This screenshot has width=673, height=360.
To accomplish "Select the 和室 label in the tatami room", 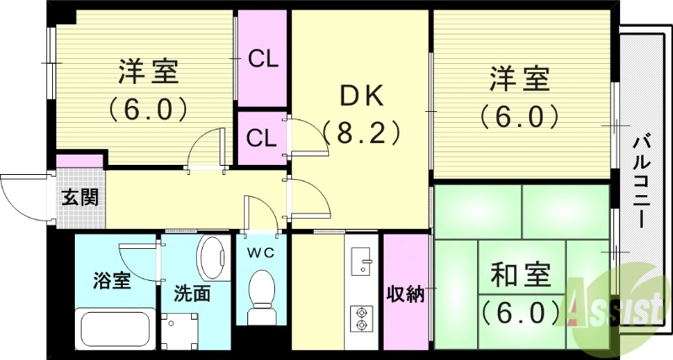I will pyautogui.click(x=521, y=275).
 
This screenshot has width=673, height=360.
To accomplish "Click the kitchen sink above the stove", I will pyautogui.click(x=363, y=260).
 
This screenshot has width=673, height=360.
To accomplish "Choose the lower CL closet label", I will pyautogui.click(x=262, y=138).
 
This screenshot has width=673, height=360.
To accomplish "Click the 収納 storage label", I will pyautogui.click(x=405, y=294).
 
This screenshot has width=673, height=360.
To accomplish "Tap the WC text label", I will pyautogui.click(x=262, y=251).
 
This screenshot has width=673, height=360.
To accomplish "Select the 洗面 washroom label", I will pyautogui.click(x=192, y=295).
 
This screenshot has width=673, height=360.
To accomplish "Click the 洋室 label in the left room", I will pyautogui.click(x=146, y=72).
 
